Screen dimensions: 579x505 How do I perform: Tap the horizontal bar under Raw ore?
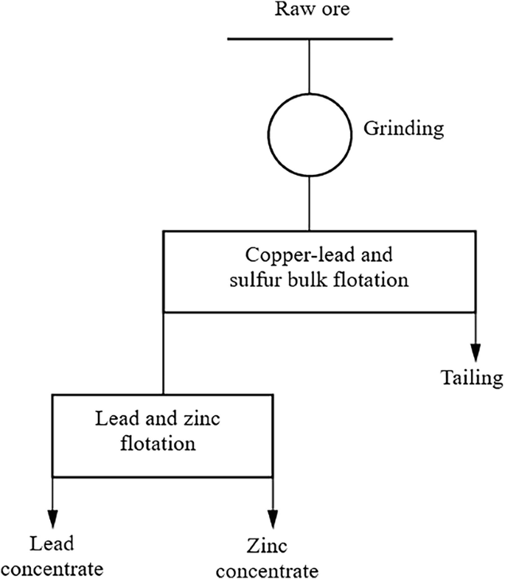(x=310, y=38)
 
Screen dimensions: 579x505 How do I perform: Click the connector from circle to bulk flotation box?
(x=309, y=204)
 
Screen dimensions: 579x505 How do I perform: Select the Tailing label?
(x=472, y=379)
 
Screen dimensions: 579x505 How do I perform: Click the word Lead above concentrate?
(x=52, y=544)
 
